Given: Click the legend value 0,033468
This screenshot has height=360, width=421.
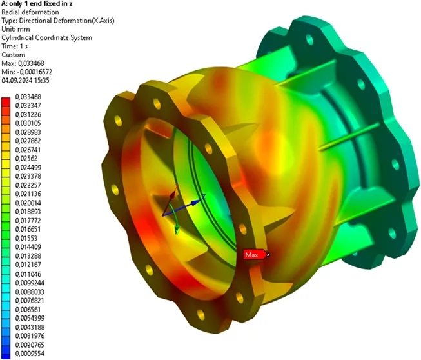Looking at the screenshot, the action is click(x=28, y=97).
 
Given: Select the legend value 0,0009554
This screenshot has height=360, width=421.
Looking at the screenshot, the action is click(x=30, y=354).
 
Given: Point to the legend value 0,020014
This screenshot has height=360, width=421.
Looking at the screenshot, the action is click(x=28, y=203).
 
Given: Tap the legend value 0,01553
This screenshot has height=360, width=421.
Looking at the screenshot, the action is click(x=26, y=238).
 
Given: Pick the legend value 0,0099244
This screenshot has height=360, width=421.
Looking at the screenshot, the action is click(x=30, y=283).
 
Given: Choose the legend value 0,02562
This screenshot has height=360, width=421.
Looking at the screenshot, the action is click(x=26, y=159).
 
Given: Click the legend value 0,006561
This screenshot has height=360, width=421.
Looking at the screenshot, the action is click(x=28, y=310).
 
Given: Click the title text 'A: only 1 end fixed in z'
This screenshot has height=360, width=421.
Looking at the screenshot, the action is click(x=37, y=4).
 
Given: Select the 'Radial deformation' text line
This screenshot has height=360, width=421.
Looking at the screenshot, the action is click(x=30, y=12).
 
